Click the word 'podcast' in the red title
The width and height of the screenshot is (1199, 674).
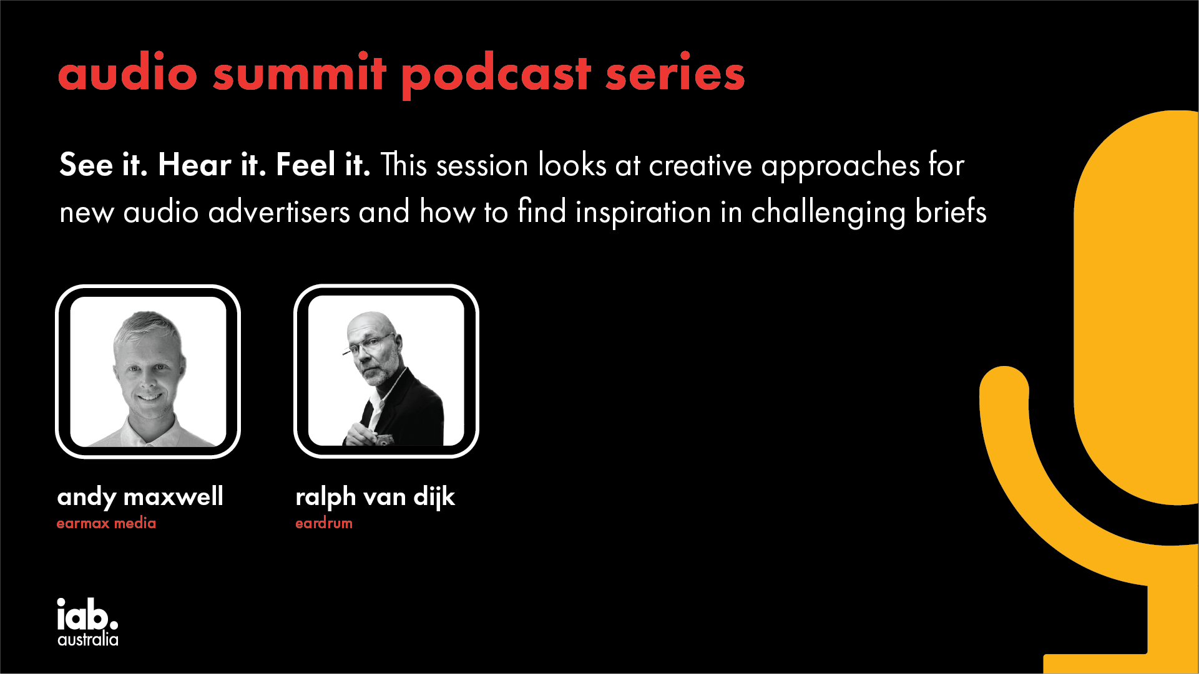tap(496, 74)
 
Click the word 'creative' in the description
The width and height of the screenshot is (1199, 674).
tap(700, 165)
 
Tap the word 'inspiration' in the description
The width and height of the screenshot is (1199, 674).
tap(644, 212)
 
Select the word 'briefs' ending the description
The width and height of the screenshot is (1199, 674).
tap(951, 211)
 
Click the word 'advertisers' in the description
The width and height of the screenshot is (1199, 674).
tap(279, 212)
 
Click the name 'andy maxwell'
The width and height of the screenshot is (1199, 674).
tap(140, 497)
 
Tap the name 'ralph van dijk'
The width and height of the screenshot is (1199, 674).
tap(375, 497)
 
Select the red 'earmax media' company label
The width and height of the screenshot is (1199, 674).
tap(106, 523)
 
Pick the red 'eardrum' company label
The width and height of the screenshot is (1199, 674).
tap(324, 523)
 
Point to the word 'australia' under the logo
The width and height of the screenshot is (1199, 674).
tap(88, 639)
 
